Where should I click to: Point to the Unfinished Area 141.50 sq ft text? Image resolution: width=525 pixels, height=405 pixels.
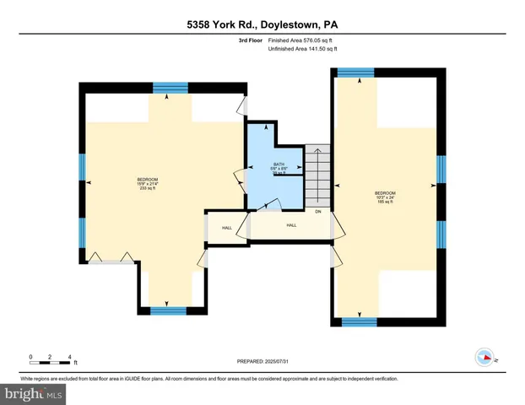tap(302, 49)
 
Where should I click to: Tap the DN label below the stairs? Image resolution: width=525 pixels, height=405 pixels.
tap(318, 212)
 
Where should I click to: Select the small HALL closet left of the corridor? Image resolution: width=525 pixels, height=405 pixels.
tap(226, 228)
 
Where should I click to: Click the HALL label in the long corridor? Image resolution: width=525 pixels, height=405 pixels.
tap(291, 225)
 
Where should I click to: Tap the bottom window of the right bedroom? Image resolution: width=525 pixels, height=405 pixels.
tap(359, 321)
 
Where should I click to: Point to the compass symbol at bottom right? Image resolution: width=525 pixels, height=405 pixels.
tap(484, 356)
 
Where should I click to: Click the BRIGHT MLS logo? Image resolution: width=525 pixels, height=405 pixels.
tap(35, 393)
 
